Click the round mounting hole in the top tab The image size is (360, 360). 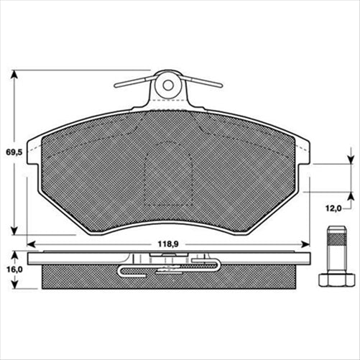168,85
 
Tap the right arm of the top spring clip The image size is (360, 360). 205,82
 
